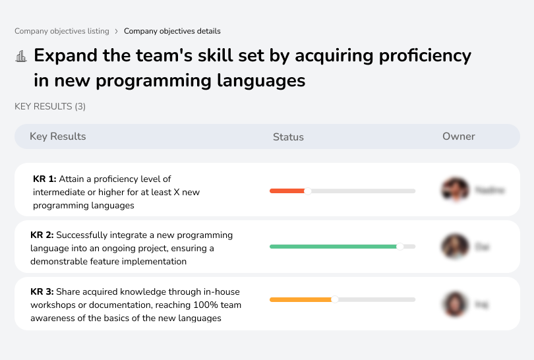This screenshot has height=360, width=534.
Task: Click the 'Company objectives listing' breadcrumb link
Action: pyautogui.click(x=62, y=31)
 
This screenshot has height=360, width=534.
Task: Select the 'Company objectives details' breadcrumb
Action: pyautogui.click(x=172, y=31)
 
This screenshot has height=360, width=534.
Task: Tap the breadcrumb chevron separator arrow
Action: pyautogui.click(x=117, y=31)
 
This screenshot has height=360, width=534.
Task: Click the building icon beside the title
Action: pyautogui.click(x=21, y=56)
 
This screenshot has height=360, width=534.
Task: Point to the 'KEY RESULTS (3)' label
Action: pyautogui.click(x=50, y=106)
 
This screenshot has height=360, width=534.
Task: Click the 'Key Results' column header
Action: pyautogui.click(x=57, y=136)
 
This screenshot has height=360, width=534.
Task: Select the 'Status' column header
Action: pyautogui.click(x=288, y=137)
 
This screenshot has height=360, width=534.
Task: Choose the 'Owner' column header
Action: pyautogui.click(x=459, y=136)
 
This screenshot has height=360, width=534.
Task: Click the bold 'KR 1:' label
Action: pyautogui.click(x=45, y=179)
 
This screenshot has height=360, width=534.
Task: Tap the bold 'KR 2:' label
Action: pyautogui.click(x=42, y=235)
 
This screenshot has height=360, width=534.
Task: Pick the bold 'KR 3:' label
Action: pyautogui.click(x=42, y=291)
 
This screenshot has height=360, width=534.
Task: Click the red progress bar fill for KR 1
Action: pyautogui.click(x=287, y=191)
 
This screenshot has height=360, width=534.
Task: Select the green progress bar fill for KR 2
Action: pyautogui.click(x=333, y=247)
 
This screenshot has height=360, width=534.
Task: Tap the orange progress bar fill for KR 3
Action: pyautogui.click(x=300, y=299)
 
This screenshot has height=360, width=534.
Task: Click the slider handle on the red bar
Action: pyautogui.click(x=307, y=191)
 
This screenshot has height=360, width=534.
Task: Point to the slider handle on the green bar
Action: pyautogui.click(x=400, y=247)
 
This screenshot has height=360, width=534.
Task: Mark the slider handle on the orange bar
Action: pyautogui.click(x=334, y=299)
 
